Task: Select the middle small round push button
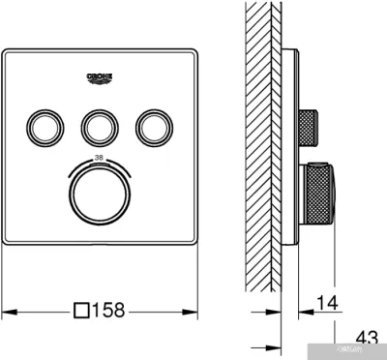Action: point(100,126)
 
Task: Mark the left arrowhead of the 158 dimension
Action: point(7,312)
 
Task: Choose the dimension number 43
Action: point(367,338)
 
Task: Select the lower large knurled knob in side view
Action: point(320,193)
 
